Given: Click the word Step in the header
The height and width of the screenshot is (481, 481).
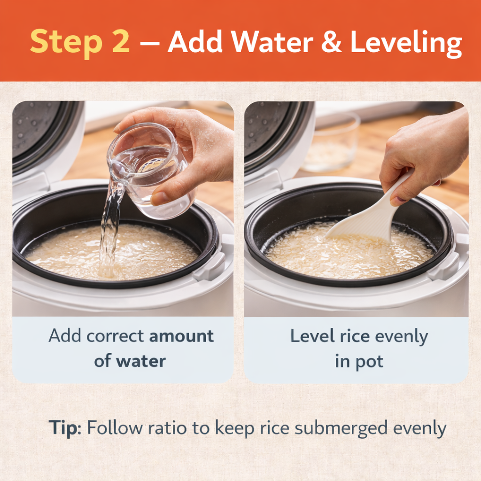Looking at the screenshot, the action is [x=66, y=42].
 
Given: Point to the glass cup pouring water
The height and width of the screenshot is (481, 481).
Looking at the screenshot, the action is [x=150, y=169].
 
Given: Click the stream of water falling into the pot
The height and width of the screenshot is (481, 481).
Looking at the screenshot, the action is [x=111, y=227].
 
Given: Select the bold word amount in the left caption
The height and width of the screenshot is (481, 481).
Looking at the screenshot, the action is [x=181, y=336].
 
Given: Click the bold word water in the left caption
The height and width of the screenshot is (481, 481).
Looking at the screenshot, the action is [x=141, y=361].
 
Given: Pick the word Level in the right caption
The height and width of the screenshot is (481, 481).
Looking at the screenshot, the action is [x=312, y=335].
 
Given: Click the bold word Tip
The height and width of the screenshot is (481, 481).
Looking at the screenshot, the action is [x=65, y=427].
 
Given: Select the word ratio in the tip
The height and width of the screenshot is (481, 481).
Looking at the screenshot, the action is [x=167, y=427].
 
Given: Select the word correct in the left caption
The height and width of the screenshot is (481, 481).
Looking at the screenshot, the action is [x=115, y=336].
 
